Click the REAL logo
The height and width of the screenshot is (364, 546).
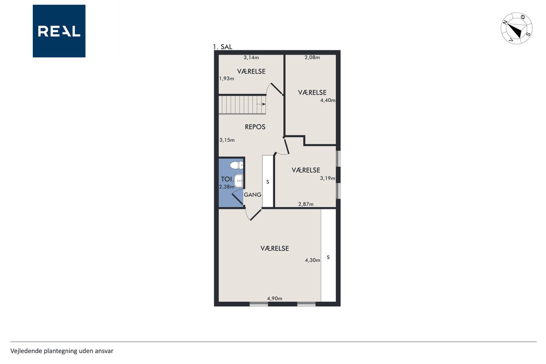point(59,31)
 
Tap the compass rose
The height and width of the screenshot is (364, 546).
point(517,28)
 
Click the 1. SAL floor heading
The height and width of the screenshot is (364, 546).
point(223,47)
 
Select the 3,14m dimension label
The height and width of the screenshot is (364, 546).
point(251,58)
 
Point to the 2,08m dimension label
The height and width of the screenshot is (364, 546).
point(312,58)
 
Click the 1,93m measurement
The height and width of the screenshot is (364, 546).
point(227,78)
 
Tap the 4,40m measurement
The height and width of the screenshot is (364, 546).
point(328,100)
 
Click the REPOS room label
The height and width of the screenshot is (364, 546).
point(255,127)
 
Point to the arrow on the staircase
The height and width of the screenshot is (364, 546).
point(261,104)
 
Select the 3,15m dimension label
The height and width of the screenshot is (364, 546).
point(227,140)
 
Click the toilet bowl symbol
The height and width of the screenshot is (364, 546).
point(236,165)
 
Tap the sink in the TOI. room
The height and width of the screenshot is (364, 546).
point(238,181)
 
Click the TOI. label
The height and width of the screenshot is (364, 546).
point(227,179)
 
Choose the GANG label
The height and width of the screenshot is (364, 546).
point(253,195)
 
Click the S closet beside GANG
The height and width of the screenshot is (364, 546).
point(268,181)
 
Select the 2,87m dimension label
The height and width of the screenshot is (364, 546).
point(306,204)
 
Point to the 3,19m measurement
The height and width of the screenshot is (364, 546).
point(328,178)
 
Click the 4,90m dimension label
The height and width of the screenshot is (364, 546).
point(275,298)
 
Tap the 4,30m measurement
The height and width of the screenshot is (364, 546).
point(313,260)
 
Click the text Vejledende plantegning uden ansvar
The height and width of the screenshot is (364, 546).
point(62,351)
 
